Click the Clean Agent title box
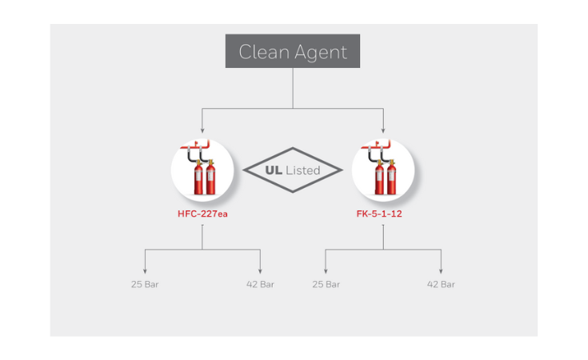tap(293, 52)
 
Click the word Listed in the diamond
tap(303, 170)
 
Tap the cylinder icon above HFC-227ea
tap(202, 170)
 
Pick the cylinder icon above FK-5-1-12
tap(383, 170)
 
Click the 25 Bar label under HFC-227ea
tap(146, 284)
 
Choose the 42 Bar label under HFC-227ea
tap(260, 284)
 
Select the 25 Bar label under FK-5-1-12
tap(326, 284)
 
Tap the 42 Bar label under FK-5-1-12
tap(441, 284)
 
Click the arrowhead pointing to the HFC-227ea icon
tap(202, 129)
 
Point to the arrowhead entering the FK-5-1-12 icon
tap(384, 129)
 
